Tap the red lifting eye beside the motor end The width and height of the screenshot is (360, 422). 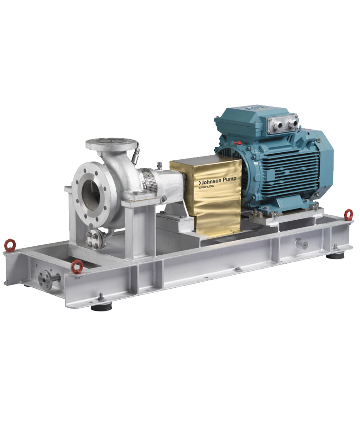[348, 214]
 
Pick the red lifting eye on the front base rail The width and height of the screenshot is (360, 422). [77, 267]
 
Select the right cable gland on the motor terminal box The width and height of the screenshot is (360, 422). [291, 123]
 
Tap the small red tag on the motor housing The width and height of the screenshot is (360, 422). [239, 143]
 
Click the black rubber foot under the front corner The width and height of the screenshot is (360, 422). [101, 308]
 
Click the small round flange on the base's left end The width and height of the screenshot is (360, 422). [45, 280]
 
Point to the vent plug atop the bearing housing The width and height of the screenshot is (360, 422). [160, 165]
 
